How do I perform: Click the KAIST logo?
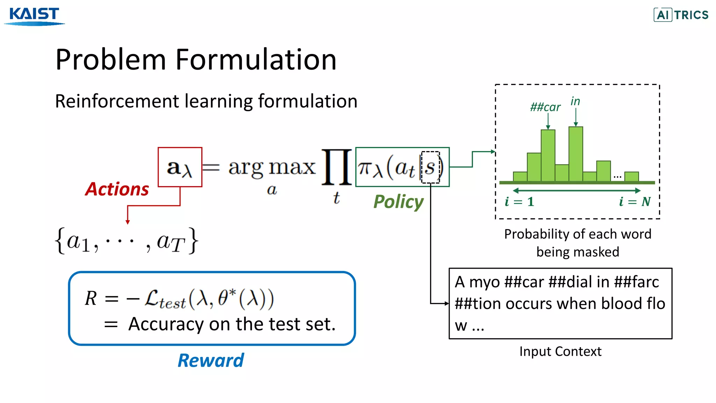(x=34, y=16)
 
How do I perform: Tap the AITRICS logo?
(x=681, y=15)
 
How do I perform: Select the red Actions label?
(x=117, y=189)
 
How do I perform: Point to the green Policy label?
(x=398, y=202)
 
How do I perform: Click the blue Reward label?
(x=210, y=360)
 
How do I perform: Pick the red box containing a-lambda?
(x=180, y=167)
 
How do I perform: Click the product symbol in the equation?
(x=336, y=167)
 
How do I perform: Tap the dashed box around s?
(x=430, y=167)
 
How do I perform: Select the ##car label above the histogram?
(x=545, y=107)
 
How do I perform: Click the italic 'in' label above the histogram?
(x=575, y=101)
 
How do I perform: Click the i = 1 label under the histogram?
(x=520, y=201)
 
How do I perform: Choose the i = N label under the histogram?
(x=635, y=201)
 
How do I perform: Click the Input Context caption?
(x=560, y=351)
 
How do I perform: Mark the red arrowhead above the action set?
(x=128, y=222)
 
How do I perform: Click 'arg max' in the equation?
(x=272, y=168)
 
